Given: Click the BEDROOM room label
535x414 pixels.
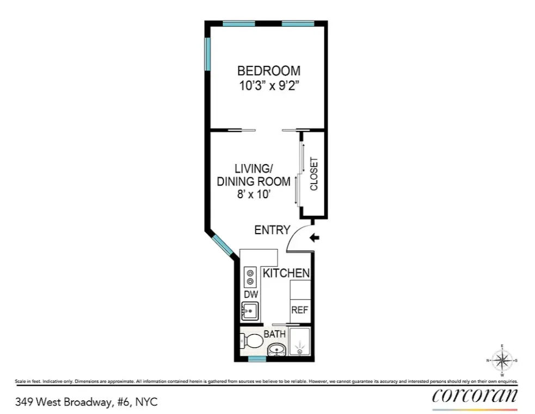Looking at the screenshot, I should coord(269,71).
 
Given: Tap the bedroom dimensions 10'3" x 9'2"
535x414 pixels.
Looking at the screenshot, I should coord(269,86).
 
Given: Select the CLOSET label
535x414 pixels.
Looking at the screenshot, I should coord(314,174).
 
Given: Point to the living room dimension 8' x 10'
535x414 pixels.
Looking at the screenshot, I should coord(254,195).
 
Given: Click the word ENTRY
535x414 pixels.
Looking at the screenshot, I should coord(272,230).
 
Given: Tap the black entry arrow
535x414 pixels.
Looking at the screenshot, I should coord(315,237).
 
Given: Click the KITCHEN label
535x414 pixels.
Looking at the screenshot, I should coord(286,273).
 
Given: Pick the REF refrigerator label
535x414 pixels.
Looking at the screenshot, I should coord(300,310).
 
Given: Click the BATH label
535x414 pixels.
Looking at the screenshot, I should coord(275,333).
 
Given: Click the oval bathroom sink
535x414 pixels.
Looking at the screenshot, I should coord(276,349).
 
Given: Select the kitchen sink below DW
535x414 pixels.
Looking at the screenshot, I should coord(250,311).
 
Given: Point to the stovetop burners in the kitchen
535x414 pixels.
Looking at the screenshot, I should coord(250,276).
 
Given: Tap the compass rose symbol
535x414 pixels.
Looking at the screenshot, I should coord(502,360).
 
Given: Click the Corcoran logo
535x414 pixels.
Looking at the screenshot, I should coord(475,397).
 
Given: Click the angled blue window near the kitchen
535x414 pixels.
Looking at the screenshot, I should coord(223,245).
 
